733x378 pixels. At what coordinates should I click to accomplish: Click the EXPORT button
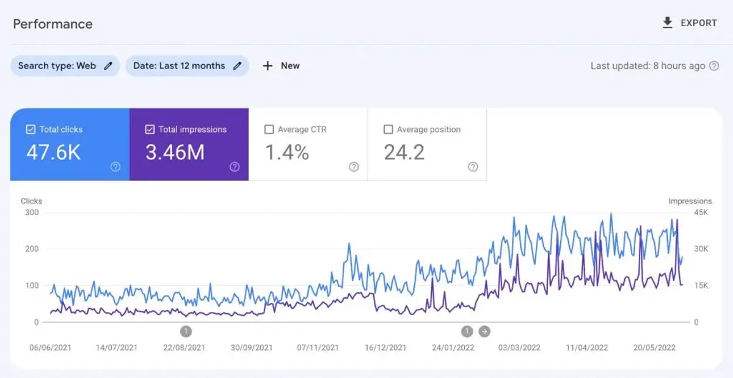point(690,23)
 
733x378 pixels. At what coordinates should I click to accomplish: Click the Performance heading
point(53,24)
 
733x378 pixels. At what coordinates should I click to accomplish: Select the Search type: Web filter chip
point(65,66)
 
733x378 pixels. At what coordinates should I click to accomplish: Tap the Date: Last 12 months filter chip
point(187,66)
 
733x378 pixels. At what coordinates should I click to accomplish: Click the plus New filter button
point(281,66)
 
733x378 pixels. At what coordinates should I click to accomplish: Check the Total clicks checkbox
point(31,129)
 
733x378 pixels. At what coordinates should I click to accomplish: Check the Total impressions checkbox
point(150,129)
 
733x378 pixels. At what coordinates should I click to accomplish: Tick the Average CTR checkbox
point(269,129)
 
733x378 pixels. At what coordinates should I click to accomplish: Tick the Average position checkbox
point(388,129)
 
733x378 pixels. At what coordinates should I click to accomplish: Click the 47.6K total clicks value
point(53,153)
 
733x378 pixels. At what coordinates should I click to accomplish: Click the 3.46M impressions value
point(175,153)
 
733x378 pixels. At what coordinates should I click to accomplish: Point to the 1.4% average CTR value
point(286,153)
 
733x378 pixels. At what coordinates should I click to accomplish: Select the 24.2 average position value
point(404,153)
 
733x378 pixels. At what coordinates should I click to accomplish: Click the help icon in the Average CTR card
point(354,167)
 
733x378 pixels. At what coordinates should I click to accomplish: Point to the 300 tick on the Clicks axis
point(32,213)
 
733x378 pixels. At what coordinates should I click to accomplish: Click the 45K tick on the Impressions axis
point(701,213)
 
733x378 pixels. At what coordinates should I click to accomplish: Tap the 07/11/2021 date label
point(318,347)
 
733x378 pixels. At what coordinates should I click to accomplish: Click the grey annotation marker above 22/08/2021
point(186,332)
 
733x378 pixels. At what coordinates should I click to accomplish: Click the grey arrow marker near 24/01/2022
point(484,332)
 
